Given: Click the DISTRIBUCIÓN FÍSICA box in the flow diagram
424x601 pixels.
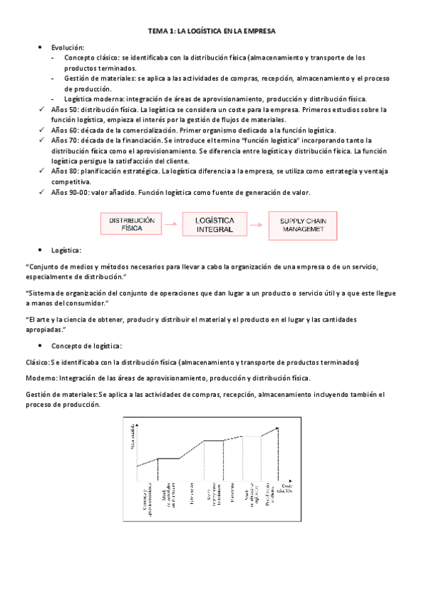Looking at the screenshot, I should point(131,225).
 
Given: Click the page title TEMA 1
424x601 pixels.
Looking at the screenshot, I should point(212,31).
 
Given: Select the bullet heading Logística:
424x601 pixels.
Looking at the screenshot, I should point(66,250).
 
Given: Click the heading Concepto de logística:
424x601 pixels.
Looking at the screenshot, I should point(86,346).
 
